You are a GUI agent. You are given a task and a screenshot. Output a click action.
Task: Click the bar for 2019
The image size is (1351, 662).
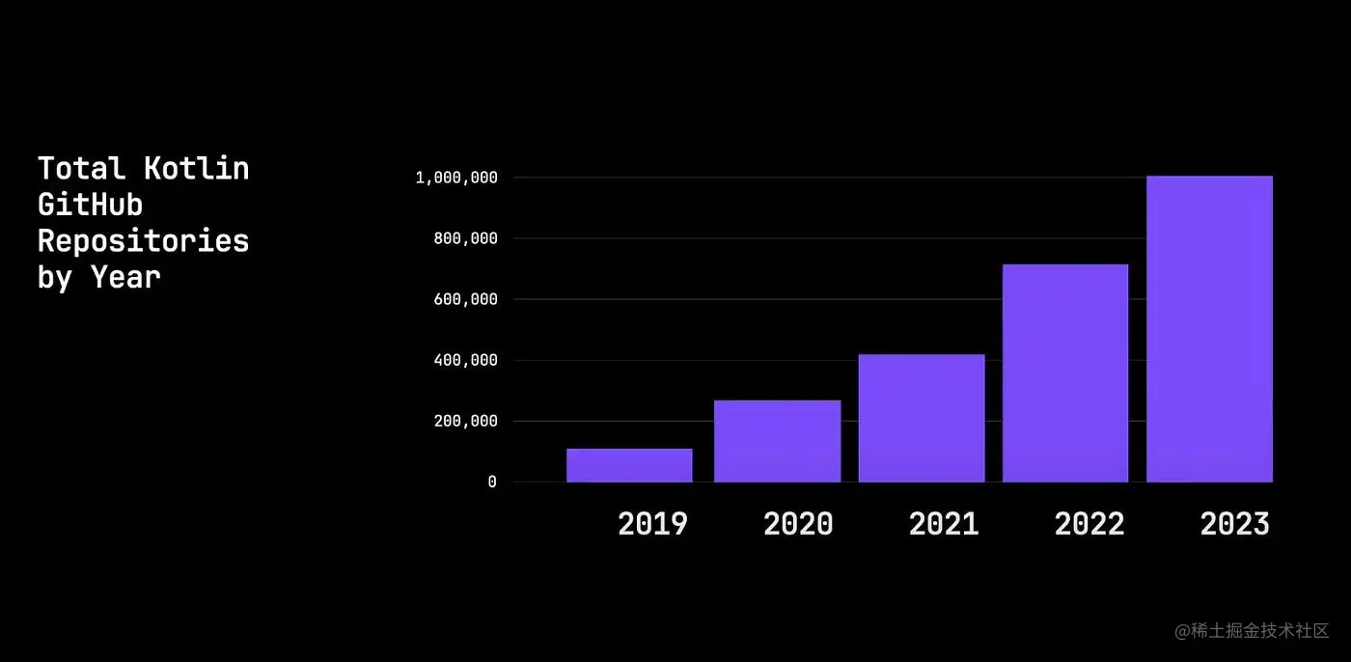pyautogui.click(x=629, y=465)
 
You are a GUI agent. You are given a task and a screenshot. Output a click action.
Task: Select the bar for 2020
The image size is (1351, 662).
pyautogui.click(x=777, y=441)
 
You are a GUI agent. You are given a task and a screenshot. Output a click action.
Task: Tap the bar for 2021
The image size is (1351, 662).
pyautogui.click(x=922, y=418)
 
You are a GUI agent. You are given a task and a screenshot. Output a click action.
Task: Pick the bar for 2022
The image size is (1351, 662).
pyautogui.click(x=1065, y=372)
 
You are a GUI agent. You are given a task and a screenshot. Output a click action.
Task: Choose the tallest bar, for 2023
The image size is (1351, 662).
pyautogui.click(x=1209, y=329)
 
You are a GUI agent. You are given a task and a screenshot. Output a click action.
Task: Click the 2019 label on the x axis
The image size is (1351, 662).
pyautogui.click(x=652, y=524)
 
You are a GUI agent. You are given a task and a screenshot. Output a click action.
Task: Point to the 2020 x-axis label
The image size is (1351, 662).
pyautogui.click(x=798, y=524)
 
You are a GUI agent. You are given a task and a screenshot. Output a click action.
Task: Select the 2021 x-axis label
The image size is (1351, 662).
pyautogui.click(x=944, y=524)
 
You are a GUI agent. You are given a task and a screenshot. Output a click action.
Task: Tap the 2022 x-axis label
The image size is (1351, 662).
pyautogui.click(x=1089, y=524)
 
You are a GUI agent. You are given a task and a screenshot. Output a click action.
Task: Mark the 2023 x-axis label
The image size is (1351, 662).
pyautogui.click(x=1235, y=524)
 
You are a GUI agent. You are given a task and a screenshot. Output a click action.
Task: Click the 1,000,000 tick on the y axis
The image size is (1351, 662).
pyautogui.click(x=456, y=178)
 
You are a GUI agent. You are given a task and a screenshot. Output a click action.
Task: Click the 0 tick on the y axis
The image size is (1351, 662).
pyautogui.click(x=492, y=482)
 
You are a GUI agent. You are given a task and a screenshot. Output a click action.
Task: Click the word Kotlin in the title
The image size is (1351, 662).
pyautogui.click(x=197, y=168)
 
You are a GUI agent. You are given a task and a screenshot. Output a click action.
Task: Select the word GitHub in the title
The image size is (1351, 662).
pyautogui.click(x=90, y=205)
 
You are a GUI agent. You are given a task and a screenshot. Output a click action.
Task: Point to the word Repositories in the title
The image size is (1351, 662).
pyautogui.click(x=143, y=240)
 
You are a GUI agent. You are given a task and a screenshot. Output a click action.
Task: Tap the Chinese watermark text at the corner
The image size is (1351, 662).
pyautogui.click(x=1252, y=631)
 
